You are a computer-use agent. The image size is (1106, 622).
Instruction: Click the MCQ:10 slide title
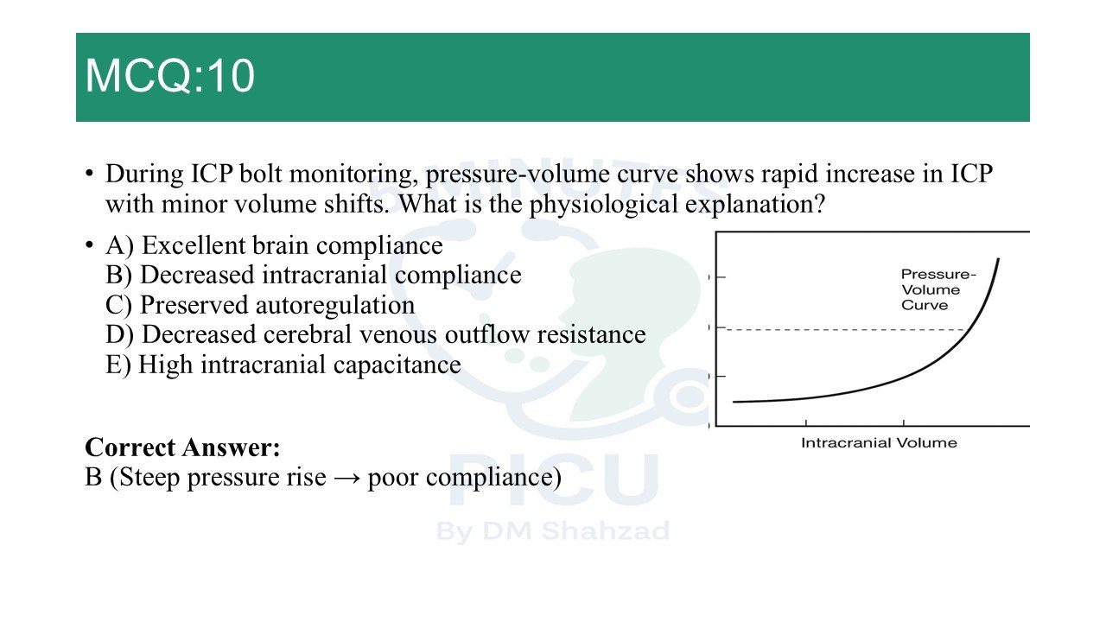(170, 75)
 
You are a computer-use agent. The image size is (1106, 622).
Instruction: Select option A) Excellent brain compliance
(274, 245)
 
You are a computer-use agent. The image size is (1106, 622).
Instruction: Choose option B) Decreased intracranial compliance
(313, 275)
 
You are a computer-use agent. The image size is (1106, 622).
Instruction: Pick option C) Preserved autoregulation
(260, 305)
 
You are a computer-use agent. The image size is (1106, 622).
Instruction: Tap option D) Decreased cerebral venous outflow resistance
(375, 334)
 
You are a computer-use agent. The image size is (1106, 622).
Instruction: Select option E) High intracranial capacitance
(283, 365)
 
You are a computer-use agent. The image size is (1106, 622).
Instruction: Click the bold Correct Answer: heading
(182, 447)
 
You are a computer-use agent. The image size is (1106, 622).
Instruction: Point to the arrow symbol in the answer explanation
(346, 478)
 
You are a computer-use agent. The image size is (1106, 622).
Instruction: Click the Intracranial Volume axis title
(879, 443)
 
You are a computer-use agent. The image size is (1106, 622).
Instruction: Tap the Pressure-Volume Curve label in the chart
(938, 289)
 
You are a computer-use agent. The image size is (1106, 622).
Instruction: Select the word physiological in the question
(604, 205)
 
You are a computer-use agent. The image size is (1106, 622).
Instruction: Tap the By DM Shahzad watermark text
(553, 531)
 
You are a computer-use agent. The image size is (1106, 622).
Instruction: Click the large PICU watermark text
(554, 479)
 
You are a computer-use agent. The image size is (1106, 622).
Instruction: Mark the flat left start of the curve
(734, 402)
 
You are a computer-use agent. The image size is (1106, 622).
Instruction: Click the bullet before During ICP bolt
(89, 174)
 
